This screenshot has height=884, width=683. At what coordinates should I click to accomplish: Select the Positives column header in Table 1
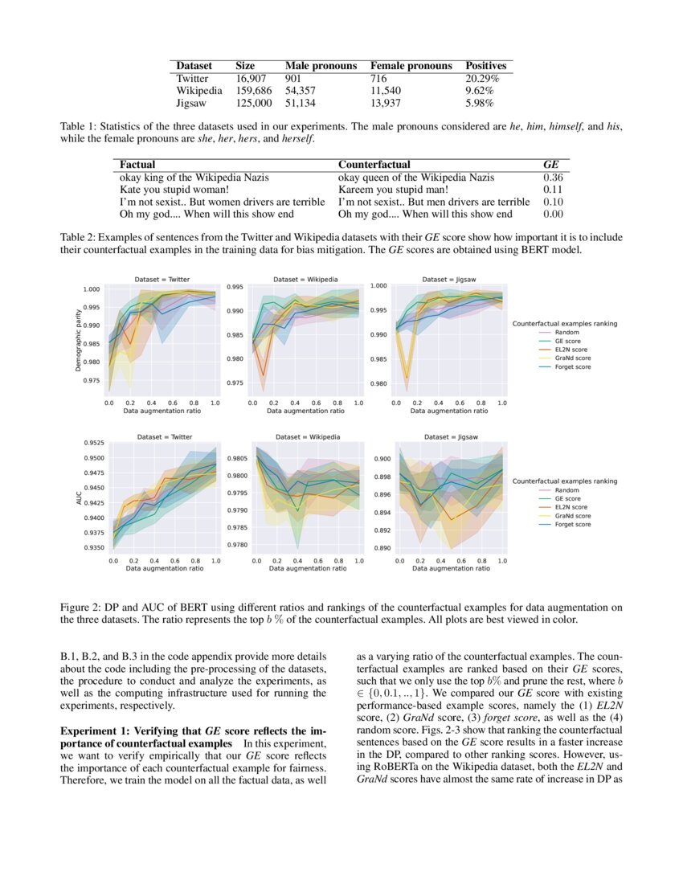486,66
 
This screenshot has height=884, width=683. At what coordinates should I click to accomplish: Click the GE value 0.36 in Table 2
553,177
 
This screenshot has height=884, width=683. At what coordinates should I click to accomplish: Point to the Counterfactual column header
374,164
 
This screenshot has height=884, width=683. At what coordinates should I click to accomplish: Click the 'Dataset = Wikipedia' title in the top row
305,279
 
